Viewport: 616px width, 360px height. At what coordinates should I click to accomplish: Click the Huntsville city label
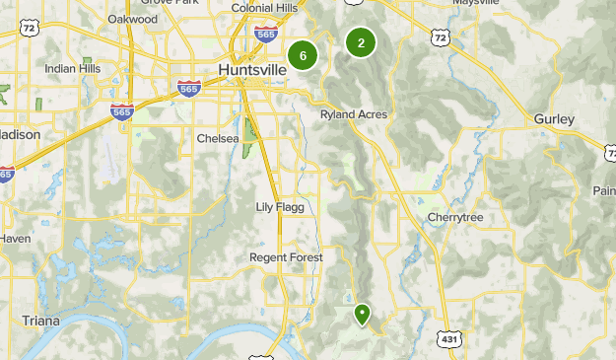251,70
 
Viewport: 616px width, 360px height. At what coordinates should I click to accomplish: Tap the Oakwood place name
133,19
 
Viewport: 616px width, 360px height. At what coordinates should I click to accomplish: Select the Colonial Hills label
264,8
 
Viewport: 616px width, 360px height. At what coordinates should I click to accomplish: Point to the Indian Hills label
73,68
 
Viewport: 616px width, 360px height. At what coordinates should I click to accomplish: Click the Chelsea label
218,139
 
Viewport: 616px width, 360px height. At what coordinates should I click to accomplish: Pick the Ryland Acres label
354,115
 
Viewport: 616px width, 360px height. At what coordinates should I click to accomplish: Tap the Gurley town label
553,119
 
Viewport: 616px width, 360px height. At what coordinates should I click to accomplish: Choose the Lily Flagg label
281,207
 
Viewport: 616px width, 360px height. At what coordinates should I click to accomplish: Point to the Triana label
40,322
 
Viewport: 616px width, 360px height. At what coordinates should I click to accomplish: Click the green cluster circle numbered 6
303,56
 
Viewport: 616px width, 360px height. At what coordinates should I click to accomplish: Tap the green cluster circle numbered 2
362,42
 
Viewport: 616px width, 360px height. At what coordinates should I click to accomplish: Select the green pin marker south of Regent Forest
363,314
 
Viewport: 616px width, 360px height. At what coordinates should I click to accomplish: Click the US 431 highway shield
450,338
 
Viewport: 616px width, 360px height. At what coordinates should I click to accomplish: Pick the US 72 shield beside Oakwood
30,28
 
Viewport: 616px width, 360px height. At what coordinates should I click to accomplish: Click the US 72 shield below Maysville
439,36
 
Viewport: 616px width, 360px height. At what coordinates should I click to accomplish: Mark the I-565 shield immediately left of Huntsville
189,89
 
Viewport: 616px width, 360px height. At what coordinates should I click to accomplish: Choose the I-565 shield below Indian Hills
122,111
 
